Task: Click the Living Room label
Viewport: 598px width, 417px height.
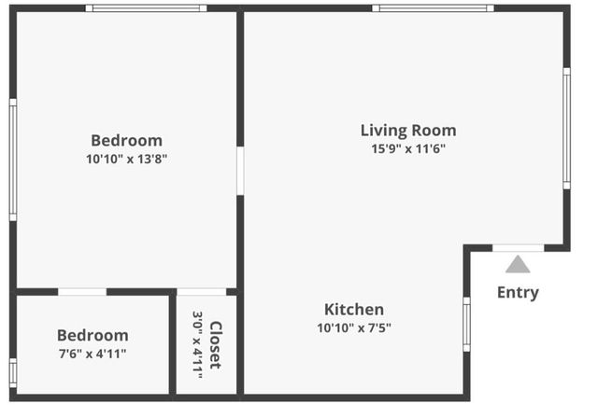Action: tap(408, 131)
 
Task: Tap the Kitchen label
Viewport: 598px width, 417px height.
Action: tap(353, 310)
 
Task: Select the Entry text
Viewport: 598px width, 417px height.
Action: tap(517, 292)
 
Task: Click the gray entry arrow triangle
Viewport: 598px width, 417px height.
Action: tap(518, 264)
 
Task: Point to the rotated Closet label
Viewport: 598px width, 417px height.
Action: tap(216, 344)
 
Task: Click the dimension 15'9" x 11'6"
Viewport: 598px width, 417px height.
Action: tap(408, 149)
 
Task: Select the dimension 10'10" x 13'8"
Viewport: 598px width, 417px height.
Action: tap(126, 159)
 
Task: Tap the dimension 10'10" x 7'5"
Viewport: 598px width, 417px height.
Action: tap(353, 327)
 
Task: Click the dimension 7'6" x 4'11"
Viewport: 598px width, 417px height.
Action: tap(93, 354)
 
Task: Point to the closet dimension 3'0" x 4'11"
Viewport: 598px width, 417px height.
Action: tap(198, 344)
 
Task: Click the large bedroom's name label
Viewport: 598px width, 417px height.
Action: tap(126, 141)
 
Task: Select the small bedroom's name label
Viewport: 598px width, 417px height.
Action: tap(93, 335)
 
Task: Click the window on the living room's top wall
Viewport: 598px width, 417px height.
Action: tap(433, 8)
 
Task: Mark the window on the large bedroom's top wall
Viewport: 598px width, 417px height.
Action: tap(146, 8)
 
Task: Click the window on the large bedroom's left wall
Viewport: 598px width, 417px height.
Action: tap(13, 160)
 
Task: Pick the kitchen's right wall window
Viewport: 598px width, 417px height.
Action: tap(466, 324)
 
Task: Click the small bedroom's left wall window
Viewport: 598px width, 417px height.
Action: tap(13, 372)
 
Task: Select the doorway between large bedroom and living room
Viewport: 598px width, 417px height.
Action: tap(240, 170)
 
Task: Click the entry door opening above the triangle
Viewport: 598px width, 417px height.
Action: tap(518, 248)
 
